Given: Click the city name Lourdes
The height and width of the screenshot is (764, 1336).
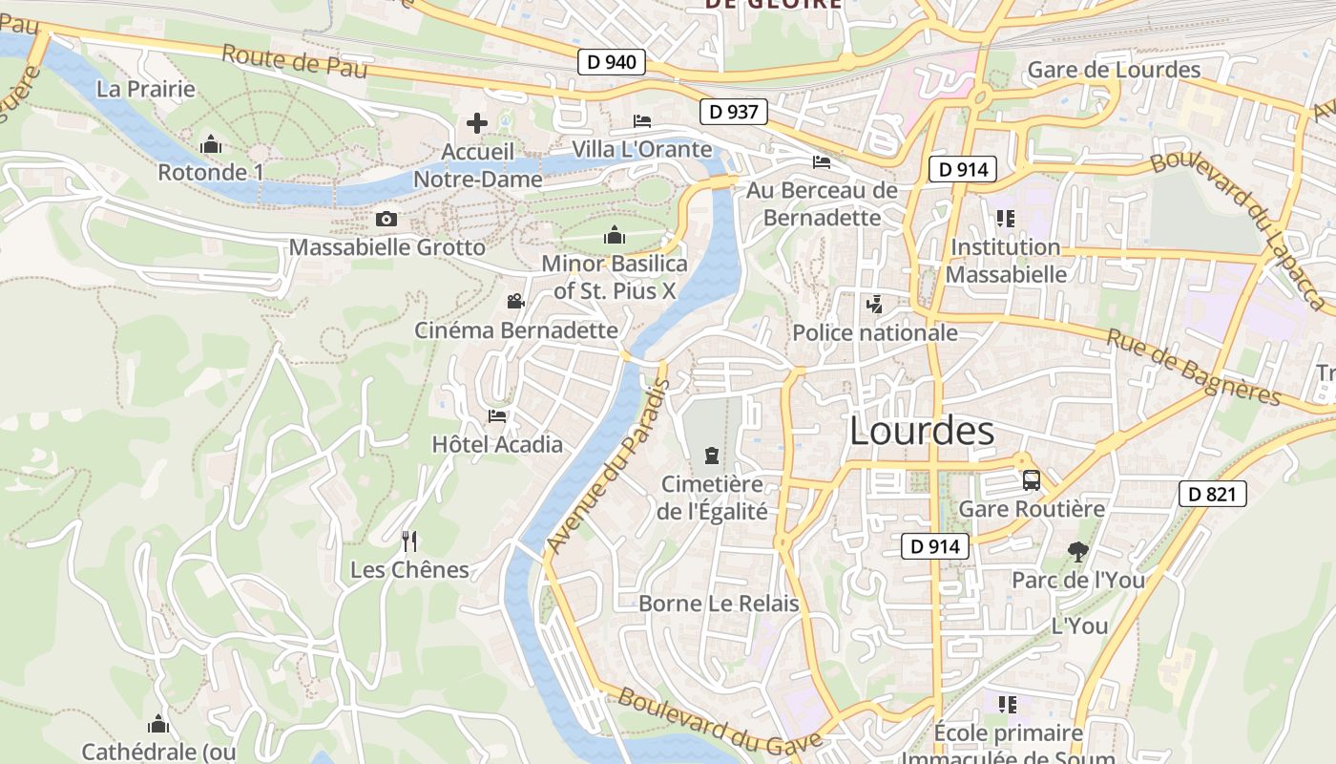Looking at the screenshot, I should pos(922,432).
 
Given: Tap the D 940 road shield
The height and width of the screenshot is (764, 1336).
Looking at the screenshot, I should pos(612,63).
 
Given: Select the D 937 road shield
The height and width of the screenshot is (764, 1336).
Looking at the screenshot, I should pos(734,112).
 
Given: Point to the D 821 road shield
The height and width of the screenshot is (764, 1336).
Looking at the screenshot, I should pos(1213,494).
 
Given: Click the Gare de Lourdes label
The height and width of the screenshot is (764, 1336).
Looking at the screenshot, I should pos(1114,70).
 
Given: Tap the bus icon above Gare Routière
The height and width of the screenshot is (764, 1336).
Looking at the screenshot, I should pos(1031,480).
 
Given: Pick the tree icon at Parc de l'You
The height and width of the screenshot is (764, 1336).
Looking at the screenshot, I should pos(1078,552).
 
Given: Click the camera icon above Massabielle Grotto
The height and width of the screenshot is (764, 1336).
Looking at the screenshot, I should pos(386,220).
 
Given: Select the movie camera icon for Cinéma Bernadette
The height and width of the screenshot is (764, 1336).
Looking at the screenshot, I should pos(515,302).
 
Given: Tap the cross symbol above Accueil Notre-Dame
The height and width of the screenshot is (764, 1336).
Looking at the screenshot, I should pos(477,123).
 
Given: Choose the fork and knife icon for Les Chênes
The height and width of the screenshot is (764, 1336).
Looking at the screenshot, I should pos(409,541).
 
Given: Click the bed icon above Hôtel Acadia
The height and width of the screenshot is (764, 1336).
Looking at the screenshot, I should pos(497,416).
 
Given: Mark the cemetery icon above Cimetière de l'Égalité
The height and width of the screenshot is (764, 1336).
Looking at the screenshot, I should pos(712,456).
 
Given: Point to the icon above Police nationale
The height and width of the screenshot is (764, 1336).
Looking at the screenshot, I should pos(874,305).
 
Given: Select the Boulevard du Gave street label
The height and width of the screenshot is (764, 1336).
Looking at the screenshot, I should pos(720,718).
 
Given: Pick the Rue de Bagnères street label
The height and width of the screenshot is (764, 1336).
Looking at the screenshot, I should pos(1193,368).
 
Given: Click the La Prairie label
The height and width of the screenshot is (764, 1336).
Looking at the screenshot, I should pos(146,90).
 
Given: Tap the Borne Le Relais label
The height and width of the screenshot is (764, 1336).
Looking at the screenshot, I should pos(719,604).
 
